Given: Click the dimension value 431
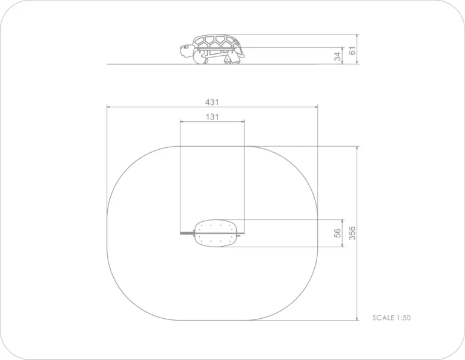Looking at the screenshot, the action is coord(212,102).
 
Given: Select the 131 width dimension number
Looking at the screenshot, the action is coord(213,117).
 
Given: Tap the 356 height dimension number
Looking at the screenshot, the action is coord(352,233).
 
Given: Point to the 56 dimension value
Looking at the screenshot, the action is coord(337,233).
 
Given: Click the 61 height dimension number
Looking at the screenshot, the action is coord(352,51).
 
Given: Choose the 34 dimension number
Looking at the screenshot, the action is coord(337,56).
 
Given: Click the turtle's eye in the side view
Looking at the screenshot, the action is coord(186,47).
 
